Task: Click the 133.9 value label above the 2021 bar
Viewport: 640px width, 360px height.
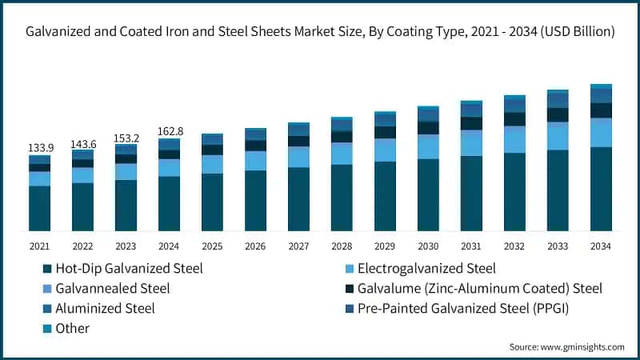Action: (40, 148)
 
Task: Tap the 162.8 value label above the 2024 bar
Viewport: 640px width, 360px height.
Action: (169, 131)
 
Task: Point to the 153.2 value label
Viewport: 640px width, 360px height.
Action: (126, 137)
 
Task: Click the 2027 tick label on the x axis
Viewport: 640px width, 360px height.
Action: (298, 246)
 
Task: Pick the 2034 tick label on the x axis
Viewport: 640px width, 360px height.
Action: (601, 246)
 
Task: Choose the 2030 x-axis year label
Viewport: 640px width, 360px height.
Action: (428, 246)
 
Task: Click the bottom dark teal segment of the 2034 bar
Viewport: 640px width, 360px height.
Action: (601, 189)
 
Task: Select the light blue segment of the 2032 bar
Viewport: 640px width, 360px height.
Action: (514, 139)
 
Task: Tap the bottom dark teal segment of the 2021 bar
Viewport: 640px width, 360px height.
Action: (40, 208)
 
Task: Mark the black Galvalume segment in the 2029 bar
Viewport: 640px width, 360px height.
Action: (385, 132)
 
